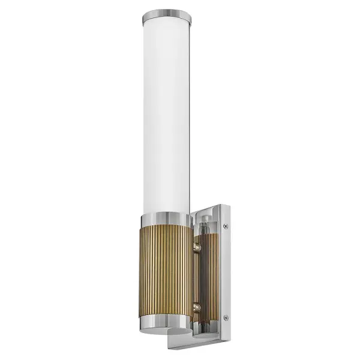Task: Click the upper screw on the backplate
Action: click(x=225, y=226)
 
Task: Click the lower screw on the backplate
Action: click(x=225, y=317)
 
